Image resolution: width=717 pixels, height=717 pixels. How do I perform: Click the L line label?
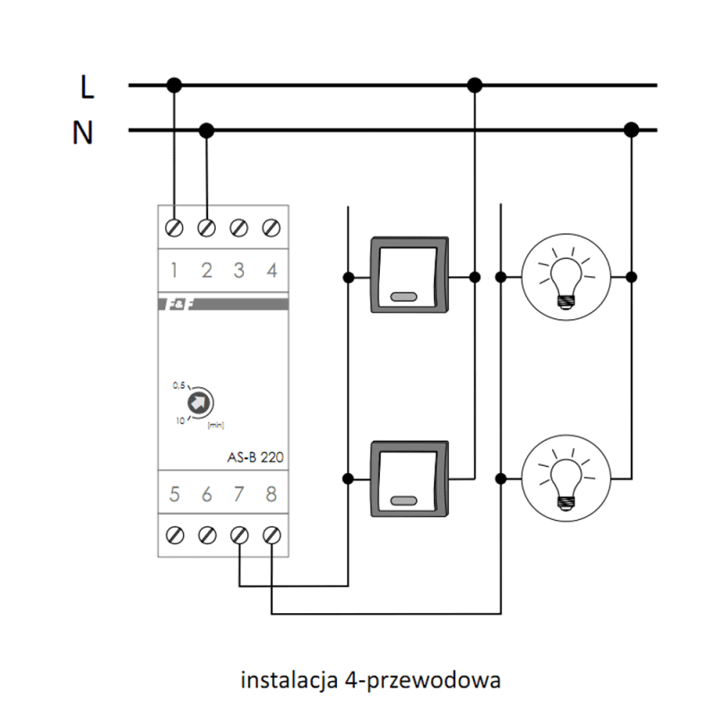tap(87, 86)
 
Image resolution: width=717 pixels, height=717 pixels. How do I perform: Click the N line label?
tap(82, 133)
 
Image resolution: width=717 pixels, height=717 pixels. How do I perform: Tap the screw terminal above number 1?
tap(174, 228)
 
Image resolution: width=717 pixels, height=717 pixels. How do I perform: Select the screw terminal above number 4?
tap(272, 228)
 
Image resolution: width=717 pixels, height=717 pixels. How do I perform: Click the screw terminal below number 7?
tap(239, 535)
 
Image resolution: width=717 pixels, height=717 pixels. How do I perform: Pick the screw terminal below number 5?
tap(175, 535)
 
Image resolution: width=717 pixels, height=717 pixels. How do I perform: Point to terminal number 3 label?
tap(238, 271)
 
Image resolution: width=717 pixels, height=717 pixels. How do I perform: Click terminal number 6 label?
tap(207, 495)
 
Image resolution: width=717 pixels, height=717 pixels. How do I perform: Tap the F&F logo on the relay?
tap(178, 304)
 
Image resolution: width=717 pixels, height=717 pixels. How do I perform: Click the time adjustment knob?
tap(199, 402)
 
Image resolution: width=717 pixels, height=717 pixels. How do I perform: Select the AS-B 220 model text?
tap(255, 457)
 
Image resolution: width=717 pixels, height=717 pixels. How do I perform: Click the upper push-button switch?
tap(410, 275)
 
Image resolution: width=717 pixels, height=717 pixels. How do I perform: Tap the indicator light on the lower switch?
tap(404, 501)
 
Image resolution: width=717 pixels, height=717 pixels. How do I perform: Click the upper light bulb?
tap(566, 277)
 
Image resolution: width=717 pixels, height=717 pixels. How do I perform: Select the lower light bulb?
tap(566, 479)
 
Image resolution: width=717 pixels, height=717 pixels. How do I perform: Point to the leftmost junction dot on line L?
tap(174, 85)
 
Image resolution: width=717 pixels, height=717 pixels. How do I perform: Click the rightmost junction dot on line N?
tap(632, 130)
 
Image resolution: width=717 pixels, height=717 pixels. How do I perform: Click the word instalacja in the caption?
tap(289, 680)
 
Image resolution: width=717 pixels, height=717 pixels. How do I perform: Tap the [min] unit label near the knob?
tap(216, 425)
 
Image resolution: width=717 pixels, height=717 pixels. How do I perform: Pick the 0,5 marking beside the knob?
tap(178, 385)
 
